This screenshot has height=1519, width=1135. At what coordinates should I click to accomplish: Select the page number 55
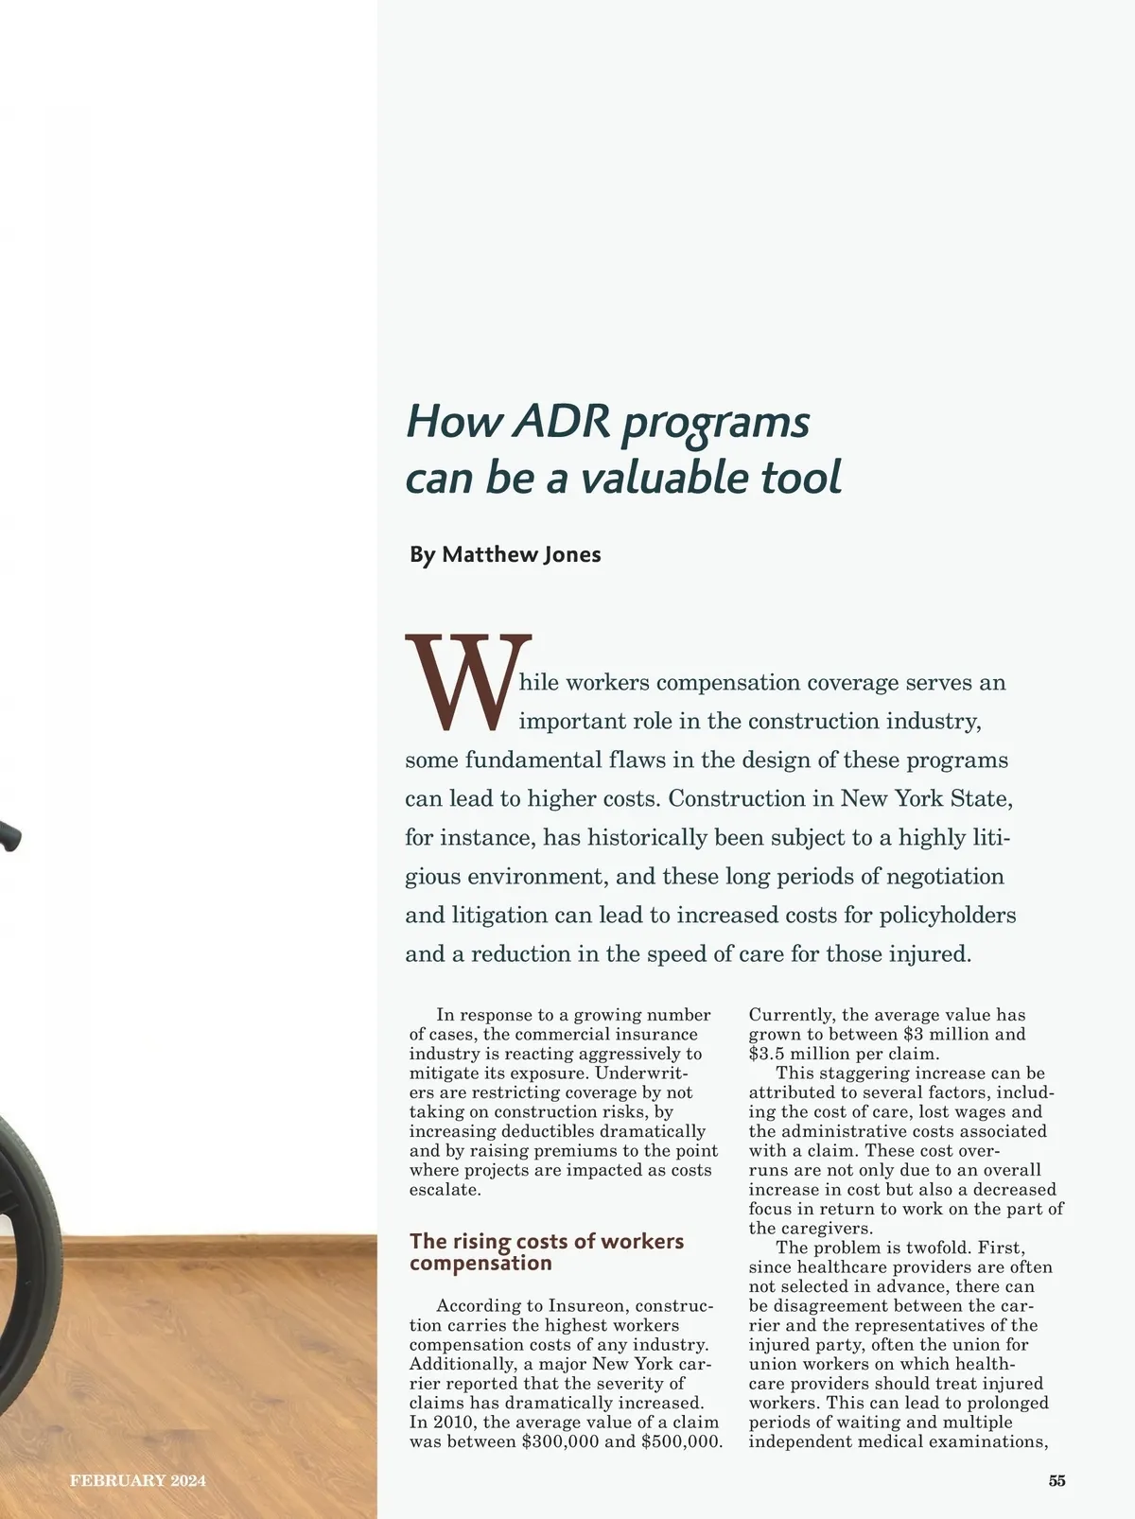1056,1481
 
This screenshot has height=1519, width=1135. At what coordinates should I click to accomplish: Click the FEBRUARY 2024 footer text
138,1481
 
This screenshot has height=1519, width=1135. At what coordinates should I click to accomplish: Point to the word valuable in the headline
664,478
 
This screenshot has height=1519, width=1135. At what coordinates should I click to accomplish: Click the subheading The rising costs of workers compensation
546,1251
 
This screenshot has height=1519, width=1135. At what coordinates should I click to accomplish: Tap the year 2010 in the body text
452,1423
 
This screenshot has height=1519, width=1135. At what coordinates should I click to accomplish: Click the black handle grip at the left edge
9,836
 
